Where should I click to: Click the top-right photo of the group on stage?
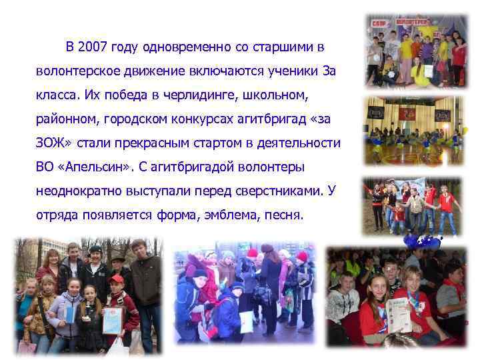tap(416, 51)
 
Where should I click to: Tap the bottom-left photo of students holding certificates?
tap(89, 295)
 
